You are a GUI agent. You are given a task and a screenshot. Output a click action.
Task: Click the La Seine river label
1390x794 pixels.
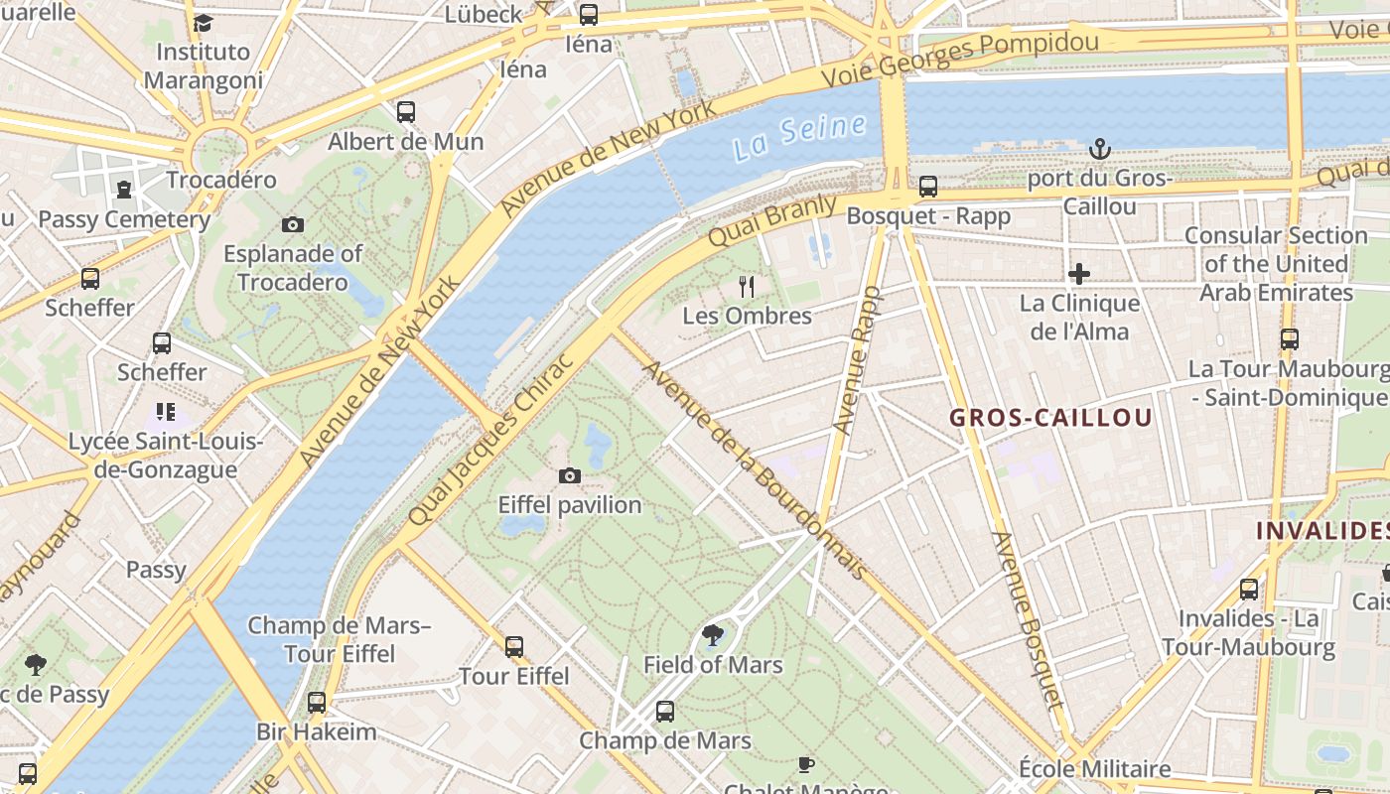[800, 137]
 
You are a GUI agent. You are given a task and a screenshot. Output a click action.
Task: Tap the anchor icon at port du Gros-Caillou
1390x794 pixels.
[1099, 149]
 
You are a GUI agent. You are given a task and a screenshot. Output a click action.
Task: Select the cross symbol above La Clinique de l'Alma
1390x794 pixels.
[1079, 273]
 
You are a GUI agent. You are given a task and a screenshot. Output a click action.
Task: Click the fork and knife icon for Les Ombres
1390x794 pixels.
[747, 287]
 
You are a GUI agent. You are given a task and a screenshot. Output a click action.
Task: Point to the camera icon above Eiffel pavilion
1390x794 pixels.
[569, 476]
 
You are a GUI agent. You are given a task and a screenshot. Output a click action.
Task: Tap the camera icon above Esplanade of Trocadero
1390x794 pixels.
[292, 224]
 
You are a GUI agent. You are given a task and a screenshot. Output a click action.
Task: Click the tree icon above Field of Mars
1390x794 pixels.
[712, 635]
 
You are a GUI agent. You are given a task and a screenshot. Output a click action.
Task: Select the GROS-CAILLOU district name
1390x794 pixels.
[1050, 418]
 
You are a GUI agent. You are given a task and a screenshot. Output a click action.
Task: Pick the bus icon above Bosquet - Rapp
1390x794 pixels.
[927, 187]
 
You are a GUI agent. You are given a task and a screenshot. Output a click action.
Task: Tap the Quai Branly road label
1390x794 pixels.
[760, 220]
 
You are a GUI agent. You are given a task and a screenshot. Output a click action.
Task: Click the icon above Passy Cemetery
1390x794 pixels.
[123, 190]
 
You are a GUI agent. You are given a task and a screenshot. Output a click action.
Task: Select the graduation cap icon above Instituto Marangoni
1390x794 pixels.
[203, 23]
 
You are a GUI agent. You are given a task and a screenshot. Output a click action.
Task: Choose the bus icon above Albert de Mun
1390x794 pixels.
[405, 112]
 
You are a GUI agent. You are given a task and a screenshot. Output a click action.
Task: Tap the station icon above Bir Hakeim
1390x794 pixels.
[316, 703]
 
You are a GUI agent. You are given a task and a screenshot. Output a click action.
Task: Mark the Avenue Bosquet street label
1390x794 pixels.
[1028, 620]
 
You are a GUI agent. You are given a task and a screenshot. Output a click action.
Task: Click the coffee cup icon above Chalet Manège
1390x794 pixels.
[805, 764]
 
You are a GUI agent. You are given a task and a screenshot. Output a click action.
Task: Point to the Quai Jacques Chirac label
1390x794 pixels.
[490, 440]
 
